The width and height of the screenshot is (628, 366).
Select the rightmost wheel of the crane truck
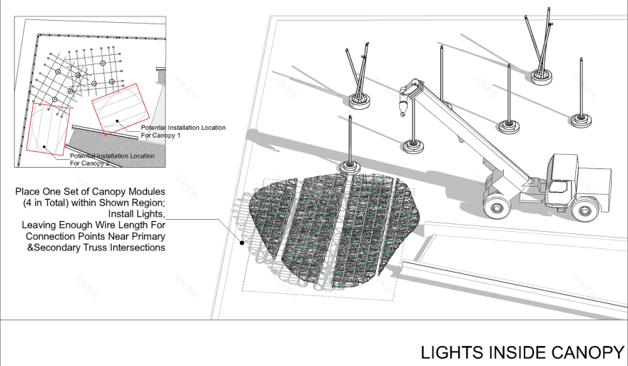click(x=584, y=208)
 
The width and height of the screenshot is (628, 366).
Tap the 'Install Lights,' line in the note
click(x=136, y=213)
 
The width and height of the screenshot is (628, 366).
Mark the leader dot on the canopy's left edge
click(x=243, y=243)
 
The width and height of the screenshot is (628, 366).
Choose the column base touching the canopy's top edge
click(x=350, y=168)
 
